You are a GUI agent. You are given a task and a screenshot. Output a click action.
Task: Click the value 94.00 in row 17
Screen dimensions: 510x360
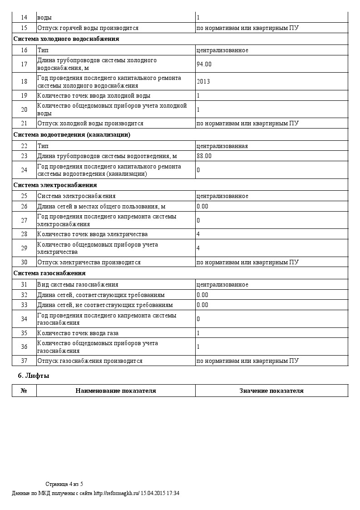point(204,64)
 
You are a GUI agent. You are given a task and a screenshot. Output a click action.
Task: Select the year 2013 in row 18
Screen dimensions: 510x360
point(203,82)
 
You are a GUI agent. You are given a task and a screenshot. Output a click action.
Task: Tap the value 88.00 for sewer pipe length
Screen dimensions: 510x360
point(204,156)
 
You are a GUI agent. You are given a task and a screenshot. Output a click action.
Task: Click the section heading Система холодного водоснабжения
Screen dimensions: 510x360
point(66,39)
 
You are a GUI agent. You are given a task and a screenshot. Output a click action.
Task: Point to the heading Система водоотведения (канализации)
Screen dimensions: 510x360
point(72,135)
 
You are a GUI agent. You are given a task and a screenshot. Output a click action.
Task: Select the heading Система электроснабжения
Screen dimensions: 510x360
point(55,185)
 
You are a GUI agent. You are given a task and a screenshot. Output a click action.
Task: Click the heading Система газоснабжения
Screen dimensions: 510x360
point(49,273)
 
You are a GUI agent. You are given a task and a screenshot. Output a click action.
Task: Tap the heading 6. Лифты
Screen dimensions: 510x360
point(33,376)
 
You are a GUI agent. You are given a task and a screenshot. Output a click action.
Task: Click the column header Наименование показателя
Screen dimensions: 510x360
point(116,391)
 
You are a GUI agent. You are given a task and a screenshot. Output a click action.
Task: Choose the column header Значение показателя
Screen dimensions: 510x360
point(271,391)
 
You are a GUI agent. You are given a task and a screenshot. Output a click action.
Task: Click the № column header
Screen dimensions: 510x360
point(24,391)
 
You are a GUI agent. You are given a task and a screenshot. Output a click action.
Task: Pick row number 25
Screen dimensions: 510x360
point(24,196)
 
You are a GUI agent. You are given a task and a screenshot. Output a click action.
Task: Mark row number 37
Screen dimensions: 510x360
point(24,361)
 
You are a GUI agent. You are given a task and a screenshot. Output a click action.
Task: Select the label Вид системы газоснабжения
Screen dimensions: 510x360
point(78,285)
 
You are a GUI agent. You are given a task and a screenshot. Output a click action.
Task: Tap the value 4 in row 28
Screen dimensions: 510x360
point(198,234)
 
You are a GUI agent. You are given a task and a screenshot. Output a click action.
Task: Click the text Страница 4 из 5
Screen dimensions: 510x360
point(64,484)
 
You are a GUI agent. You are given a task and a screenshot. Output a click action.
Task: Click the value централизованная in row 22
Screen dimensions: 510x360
point(222,146)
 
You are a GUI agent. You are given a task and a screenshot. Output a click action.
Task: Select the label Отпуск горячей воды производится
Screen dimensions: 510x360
point(88,28)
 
